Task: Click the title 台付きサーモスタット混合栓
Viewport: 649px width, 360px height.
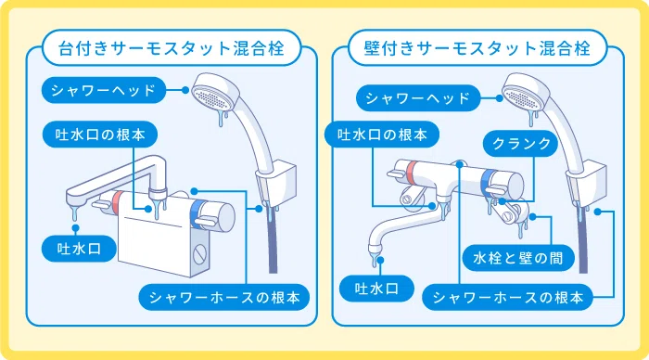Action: (171, 48)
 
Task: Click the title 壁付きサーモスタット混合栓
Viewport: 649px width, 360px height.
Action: (477, 48)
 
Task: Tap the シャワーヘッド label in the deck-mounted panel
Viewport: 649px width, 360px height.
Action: (104, 90)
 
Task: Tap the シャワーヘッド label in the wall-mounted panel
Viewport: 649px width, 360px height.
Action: (417, 98)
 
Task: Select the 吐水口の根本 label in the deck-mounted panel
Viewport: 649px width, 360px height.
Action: (100, 135)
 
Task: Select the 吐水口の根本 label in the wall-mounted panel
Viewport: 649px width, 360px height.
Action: (382, 135)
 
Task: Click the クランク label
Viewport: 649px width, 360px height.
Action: (521, 143)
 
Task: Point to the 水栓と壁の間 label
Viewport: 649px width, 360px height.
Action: (518, 258)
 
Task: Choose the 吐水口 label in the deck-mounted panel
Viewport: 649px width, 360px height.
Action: (79, 249)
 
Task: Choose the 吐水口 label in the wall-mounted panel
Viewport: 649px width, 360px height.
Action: (376, 289)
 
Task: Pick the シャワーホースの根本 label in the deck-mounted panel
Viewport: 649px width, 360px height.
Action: (224, 298)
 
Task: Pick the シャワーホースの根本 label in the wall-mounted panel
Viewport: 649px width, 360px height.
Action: (507, 298)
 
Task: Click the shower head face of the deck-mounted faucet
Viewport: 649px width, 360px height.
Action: (211, 98)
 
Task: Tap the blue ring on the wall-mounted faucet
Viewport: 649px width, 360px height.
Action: (489, 183)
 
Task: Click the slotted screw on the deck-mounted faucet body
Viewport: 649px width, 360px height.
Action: (199, 253)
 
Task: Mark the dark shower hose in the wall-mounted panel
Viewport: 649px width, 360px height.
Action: (583, 239)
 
